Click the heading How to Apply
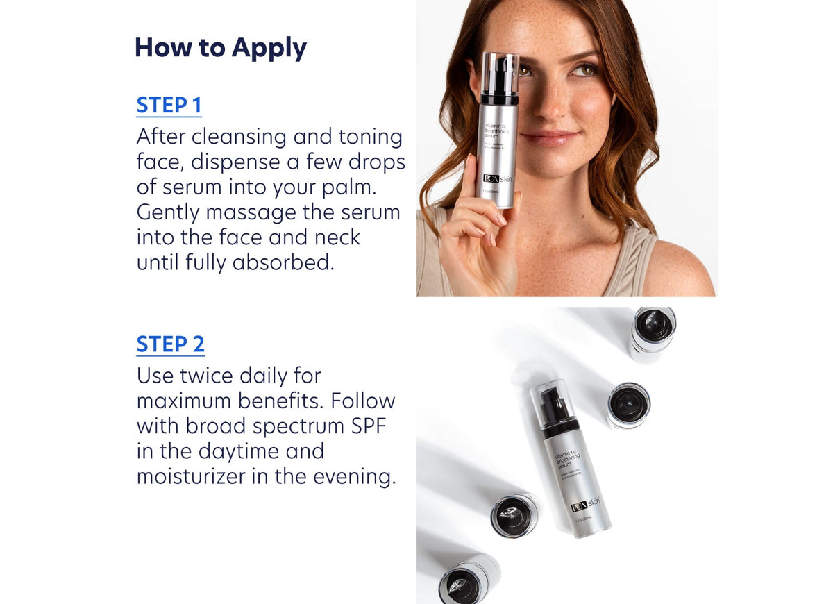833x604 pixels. click(220, 48)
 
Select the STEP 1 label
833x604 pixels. click(169, 106)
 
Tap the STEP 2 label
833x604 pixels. click(170, 344)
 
